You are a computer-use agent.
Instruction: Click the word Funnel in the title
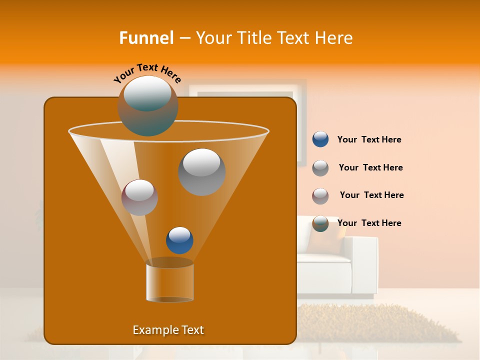(146, 37)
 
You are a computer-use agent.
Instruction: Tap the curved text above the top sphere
(147, 73)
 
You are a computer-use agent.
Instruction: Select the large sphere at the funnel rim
(147, 105)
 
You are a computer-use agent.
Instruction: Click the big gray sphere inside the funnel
(201, 171)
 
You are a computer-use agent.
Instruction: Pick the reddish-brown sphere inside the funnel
(139, 197)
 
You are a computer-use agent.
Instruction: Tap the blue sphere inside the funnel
(179, 240)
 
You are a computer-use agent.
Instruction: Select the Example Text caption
(168, 330)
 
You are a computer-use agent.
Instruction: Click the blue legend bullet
(320, 139)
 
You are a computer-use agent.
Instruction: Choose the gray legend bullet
(320, 168)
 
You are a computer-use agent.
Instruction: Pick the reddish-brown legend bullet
(320, 196)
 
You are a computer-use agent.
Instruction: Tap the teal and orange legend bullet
(320, 223)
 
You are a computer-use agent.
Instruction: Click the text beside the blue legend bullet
(369, 140)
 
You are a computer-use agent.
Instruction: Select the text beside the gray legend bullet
(370, 168)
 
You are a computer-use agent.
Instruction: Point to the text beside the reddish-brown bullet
(371, 195)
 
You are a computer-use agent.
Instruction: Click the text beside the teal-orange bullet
(369, 223)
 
